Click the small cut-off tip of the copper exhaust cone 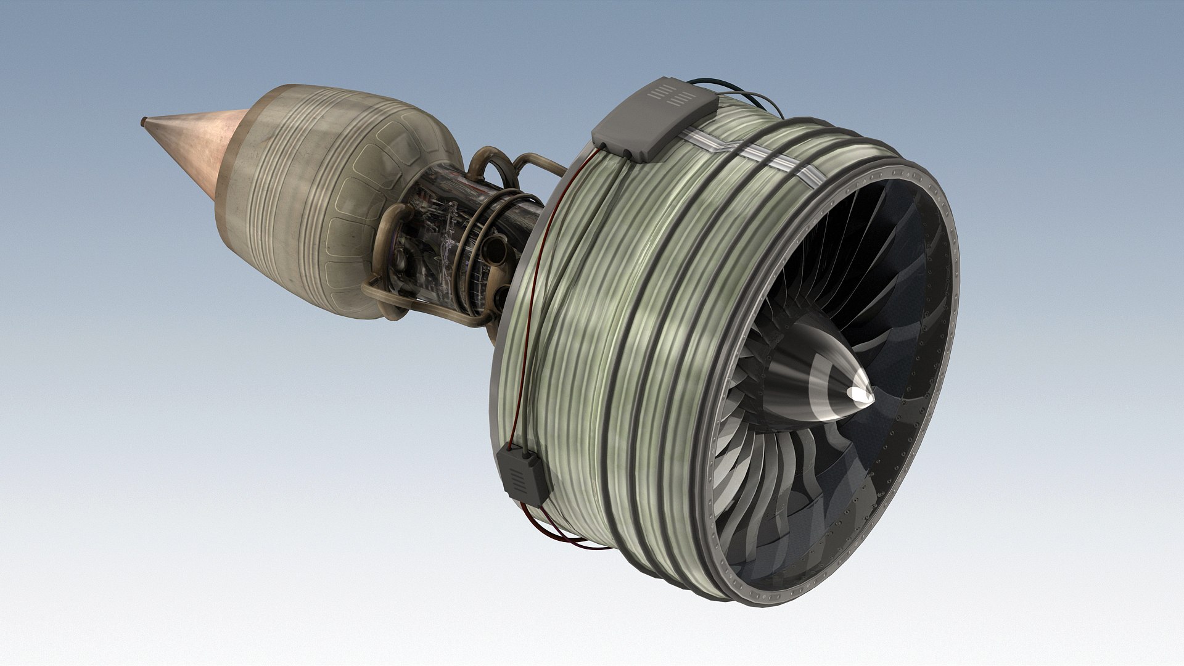(144, 122)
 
